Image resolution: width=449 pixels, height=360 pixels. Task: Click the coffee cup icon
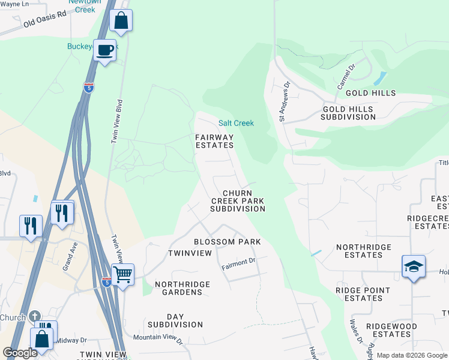coord(104,50)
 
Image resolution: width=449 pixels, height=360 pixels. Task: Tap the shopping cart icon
coord(122,275)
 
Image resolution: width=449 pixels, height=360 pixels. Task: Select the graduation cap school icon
coord(414,266)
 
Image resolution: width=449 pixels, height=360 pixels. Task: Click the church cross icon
coord(35,316)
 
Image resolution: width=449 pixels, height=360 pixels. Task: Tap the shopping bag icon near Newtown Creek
coord(121,20)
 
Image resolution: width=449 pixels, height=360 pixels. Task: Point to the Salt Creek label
coord(236,123)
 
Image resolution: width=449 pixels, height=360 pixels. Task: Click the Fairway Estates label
coord(214,141)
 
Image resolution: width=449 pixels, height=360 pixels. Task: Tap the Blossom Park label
coord(227,242)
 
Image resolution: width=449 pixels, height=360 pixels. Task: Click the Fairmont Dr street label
coord(238,262)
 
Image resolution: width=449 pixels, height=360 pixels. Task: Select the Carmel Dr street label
coord(346,77)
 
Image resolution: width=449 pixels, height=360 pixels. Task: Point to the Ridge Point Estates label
coord(363,294)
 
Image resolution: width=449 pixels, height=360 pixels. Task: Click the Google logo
coord(20,353)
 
